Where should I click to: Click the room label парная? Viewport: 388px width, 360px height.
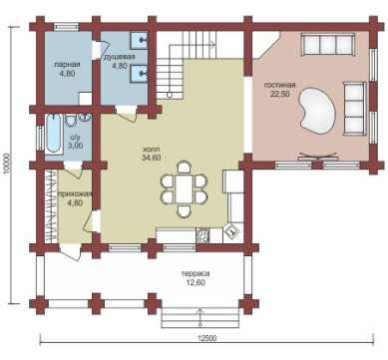tap(67, 64)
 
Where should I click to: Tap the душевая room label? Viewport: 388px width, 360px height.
tap(120, 57)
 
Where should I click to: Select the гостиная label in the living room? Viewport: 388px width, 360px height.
tap(280, 85)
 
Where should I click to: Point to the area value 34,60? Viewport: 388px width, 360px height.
tap(151, 158)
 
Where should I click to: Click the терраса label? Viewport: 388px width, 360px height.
tap(195, 274)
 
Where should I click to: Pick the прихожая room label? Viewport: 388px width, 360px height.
tap(75, 193)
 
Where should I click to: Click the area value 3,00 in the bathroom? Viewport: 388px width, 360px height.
tap(75, 146)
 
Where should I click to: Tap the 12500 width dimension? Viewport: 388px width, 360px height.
tap(206, 338)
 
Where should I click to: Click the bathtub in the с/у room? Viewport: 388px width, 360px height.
tap(53, 134)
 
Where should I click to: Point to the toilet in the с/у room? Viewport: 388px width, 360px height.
tap(71, 121)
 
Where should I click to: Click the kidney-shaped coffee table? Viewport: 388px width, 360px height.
tap(317, 111)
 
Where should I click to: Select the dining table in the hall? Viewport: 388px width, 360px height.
tap(184, 188)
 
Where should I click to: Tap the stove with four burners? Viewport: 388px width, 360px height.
tap(202, 235)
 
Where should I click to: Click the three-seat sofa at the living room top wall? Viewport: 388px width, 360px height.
tap(327, 44)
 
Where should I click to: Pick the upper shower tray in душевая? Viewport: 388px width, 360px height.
tap(138, 40)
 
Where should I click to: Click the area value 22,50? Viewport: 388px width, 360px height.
tap(280, 94)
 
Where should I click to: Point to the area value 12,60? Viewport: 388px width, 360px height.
tap(195, 283)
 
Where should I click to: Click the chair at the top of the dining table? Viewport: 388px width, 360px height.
tap(184, 167)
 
